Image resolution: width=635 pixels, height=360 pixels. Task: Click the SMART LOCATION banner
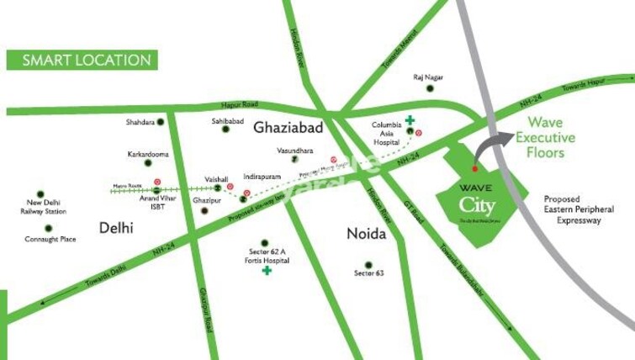point(82,61)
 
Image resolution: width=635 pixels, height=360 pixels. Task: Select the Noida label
point(366,234)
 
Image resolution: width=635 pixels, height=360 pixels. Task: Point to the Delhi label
point(116,227)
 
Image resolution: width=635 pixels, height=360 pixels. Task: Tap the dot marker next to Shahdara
point(161,122)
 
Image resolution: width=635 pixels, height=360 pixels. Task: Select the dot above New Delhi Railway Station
point(40,194)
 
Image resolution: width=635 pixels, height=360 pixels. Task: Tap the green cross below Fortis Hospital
point(266,271)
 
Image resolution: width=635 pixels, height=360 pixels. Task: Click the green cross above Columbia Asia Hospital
point(410,120)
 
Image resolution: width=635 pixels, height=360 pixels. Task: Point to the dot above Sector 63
point(363,264)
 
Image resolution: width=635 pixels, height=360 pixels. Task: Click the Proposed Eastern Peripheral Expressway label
point(578,209)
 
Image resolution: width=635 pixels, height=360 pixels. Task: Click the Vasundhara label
point(294,151)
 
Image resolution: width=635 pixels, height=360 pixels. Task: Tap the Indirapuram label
point(262,177)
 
